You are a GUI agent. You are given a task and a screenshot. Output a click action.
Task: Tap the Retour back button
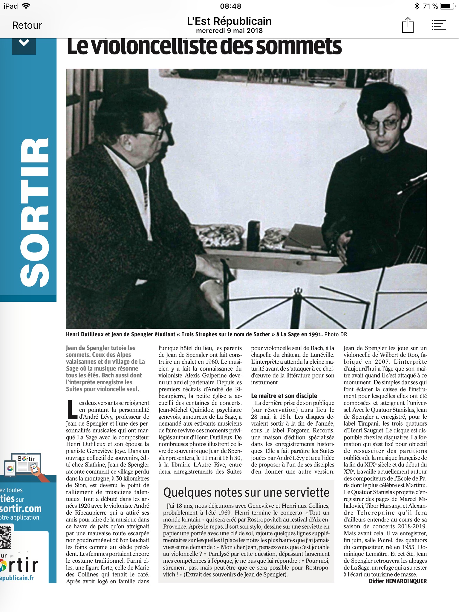[x=27, y=25]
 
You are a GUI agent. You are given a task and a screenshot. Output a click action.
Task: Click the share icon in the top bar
[x=408, y=25]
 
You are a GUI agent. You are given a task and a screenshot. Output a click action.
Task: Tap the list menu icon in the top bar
[x=439, y=25]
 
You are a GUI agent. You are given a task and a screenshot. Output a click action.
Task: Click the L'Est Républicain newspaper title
[x=229, y=21]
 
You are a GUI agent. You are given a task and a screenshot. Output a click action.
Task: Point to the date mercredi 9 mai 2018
[x=229, y=31]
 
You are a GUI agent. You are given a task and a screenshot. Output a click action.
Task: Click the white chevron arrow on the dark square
[x=24, y=43]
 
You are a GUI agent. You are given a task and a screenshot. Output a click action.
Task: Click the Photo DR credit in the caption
[x=336, y=334]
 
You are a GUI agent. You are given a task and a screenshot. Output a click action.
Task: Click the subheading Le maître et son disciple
[x=284, y=396]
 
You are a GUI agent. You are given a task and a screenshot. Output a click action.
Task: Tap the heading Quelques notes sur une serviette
[x=246, y=492]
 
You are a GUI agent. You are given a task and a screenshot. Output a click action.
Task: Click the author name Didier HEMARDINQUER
[x=397, y=581]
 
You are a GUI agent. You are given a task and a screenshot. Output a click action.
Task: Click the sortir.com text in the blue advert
[x=21, y=509]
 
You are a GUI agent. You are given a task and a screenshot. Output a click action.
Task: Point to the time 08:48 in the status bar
[x=230, y=6]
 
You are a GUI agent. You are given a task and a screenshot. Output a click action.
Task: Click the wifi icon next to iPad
[x=26, y=6]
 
